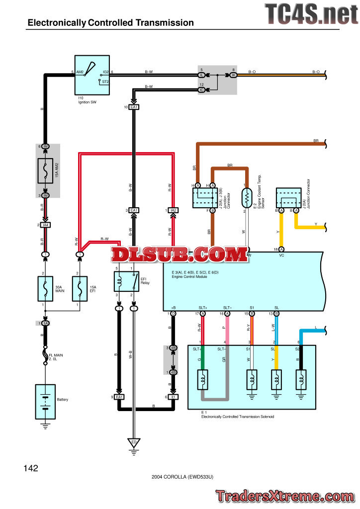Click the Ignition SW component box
click(92, 75)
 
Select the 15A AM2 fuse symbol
click(45, 171)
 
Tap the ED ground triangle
click(133, 441)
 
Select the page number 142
click(30, 468)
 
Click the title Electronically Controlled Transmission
click(110, 22)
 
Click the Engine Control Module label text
click(189, 276)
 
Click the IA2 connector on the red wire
click(173, 211)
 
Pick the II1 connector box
click(173, 397)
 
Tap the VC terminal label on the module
click(281, 255)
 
